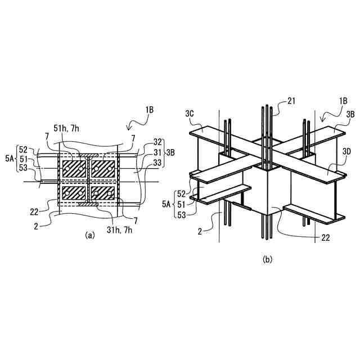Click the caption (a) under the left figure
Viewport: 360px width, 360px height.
tap(88, 236)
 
